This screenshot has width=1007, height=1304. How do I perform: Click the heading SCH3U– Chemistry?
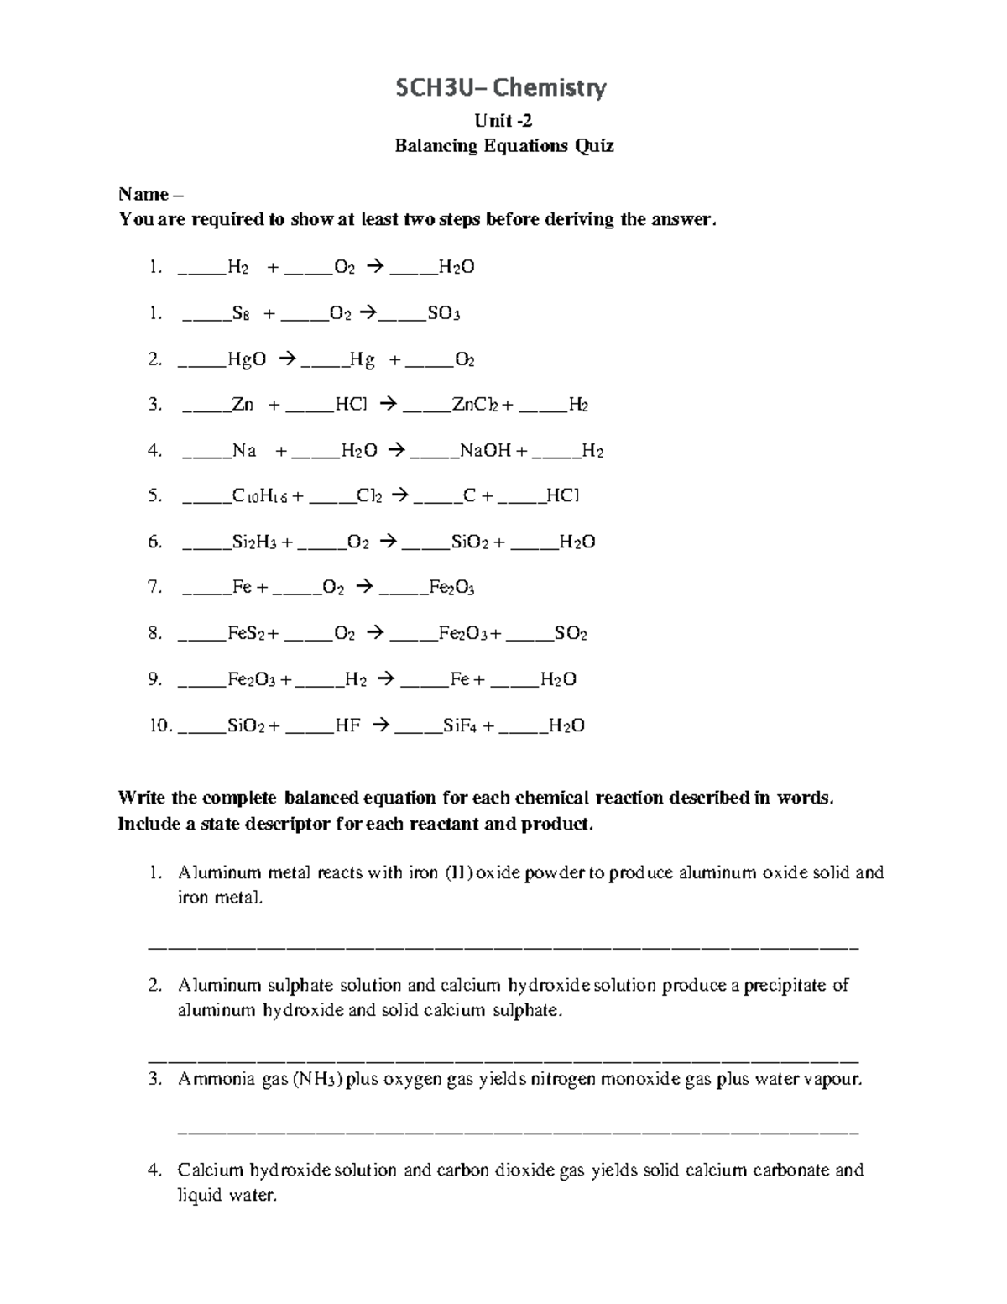[502, 87]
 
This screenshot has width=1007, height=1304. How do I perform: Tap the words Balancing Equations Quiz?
[504, 146]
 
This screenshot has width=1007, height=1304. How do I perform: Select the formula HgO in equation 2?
[247, 360]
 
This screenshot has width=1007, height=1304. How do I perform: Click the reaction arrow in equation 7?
[364, 588]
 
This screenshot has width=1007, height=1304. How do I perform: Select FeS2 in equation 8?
[247, 634]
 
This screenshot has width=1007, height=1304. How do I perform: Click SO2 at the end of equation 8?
[571, 634]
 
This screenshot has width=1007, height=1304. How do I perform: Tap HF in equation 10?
[347, 725]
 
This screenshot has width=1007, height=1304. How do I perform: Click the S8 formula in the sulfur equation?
[240, 314]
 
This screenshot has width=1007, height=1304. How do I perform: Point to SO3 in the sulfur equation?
[443, 314]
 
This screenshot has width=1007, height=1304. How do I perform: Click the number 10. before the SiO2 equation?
[160, 725]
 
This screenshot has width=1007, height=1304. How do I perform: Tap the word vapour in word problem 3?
[832, 1080]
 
